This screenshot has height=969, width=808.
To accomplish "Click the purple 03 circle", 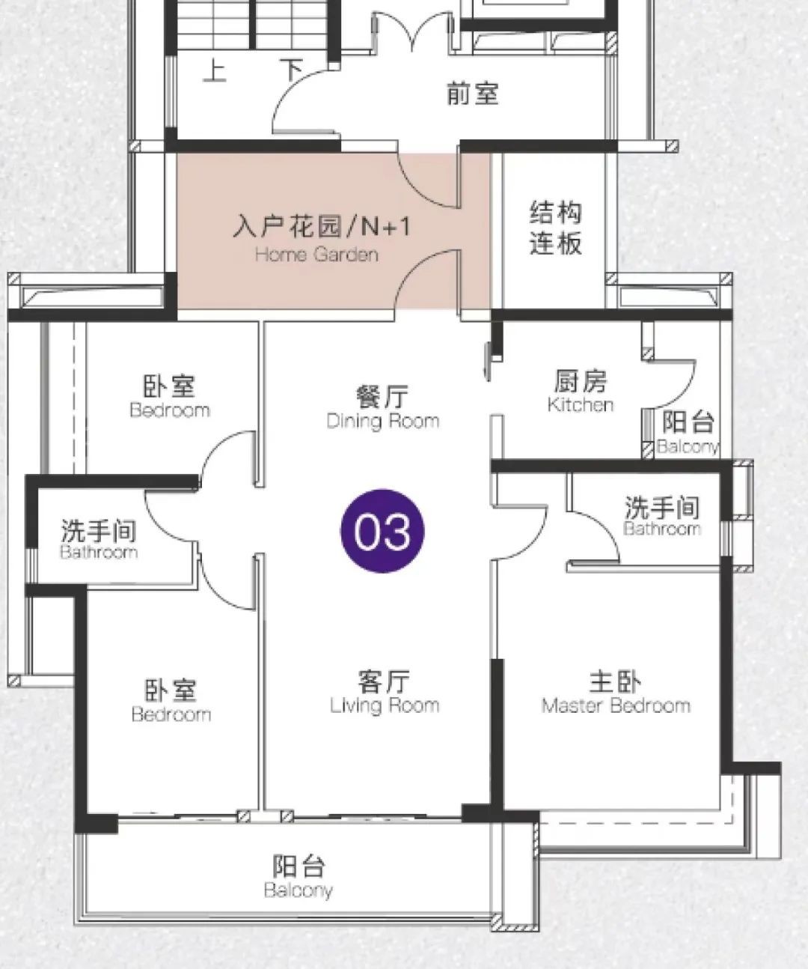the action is (x=382, y=531).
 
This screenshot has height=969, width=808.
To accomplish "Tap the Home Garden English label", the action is (x=316, y=255).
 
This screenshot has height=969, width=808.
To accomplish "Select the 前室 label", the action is (x=472, y=94).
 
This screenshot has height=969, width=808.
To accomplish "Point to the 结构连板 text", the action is (x=555, y=228).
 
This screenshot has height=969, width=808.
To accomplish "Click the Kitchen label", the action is (x=581, y=404).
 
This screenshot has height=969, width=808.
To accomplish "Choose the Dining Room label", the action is (x=383, y=422).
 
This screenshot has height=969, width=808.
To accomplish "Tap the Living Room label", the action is (x=385, y=706).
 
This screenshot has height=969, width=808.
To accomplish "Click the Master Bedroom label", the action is (x=616, y=706).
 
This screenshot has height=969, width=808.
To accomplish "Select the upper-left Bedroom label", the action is (x=170, y=410).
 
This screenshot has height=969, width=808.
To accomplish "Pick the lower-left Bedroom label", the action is (x=171, y=714).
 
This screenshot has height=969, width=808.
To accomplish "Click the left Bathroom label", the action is (x=99, y=552).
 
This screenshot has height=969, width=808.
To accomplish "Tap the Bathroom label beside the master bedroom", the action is (x=662, y=529).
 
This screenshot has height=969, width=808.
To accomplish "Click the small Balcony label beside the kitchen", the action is (x=688, y=446).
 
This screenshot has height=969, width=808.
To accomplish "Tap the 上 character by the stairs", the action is (x=215, y=70).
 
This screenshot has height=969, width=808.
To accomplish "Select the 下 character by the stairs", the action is (x=292, y=70).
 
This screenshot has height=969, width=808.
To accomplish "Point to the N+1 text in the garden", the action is (x=386, y=227).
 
